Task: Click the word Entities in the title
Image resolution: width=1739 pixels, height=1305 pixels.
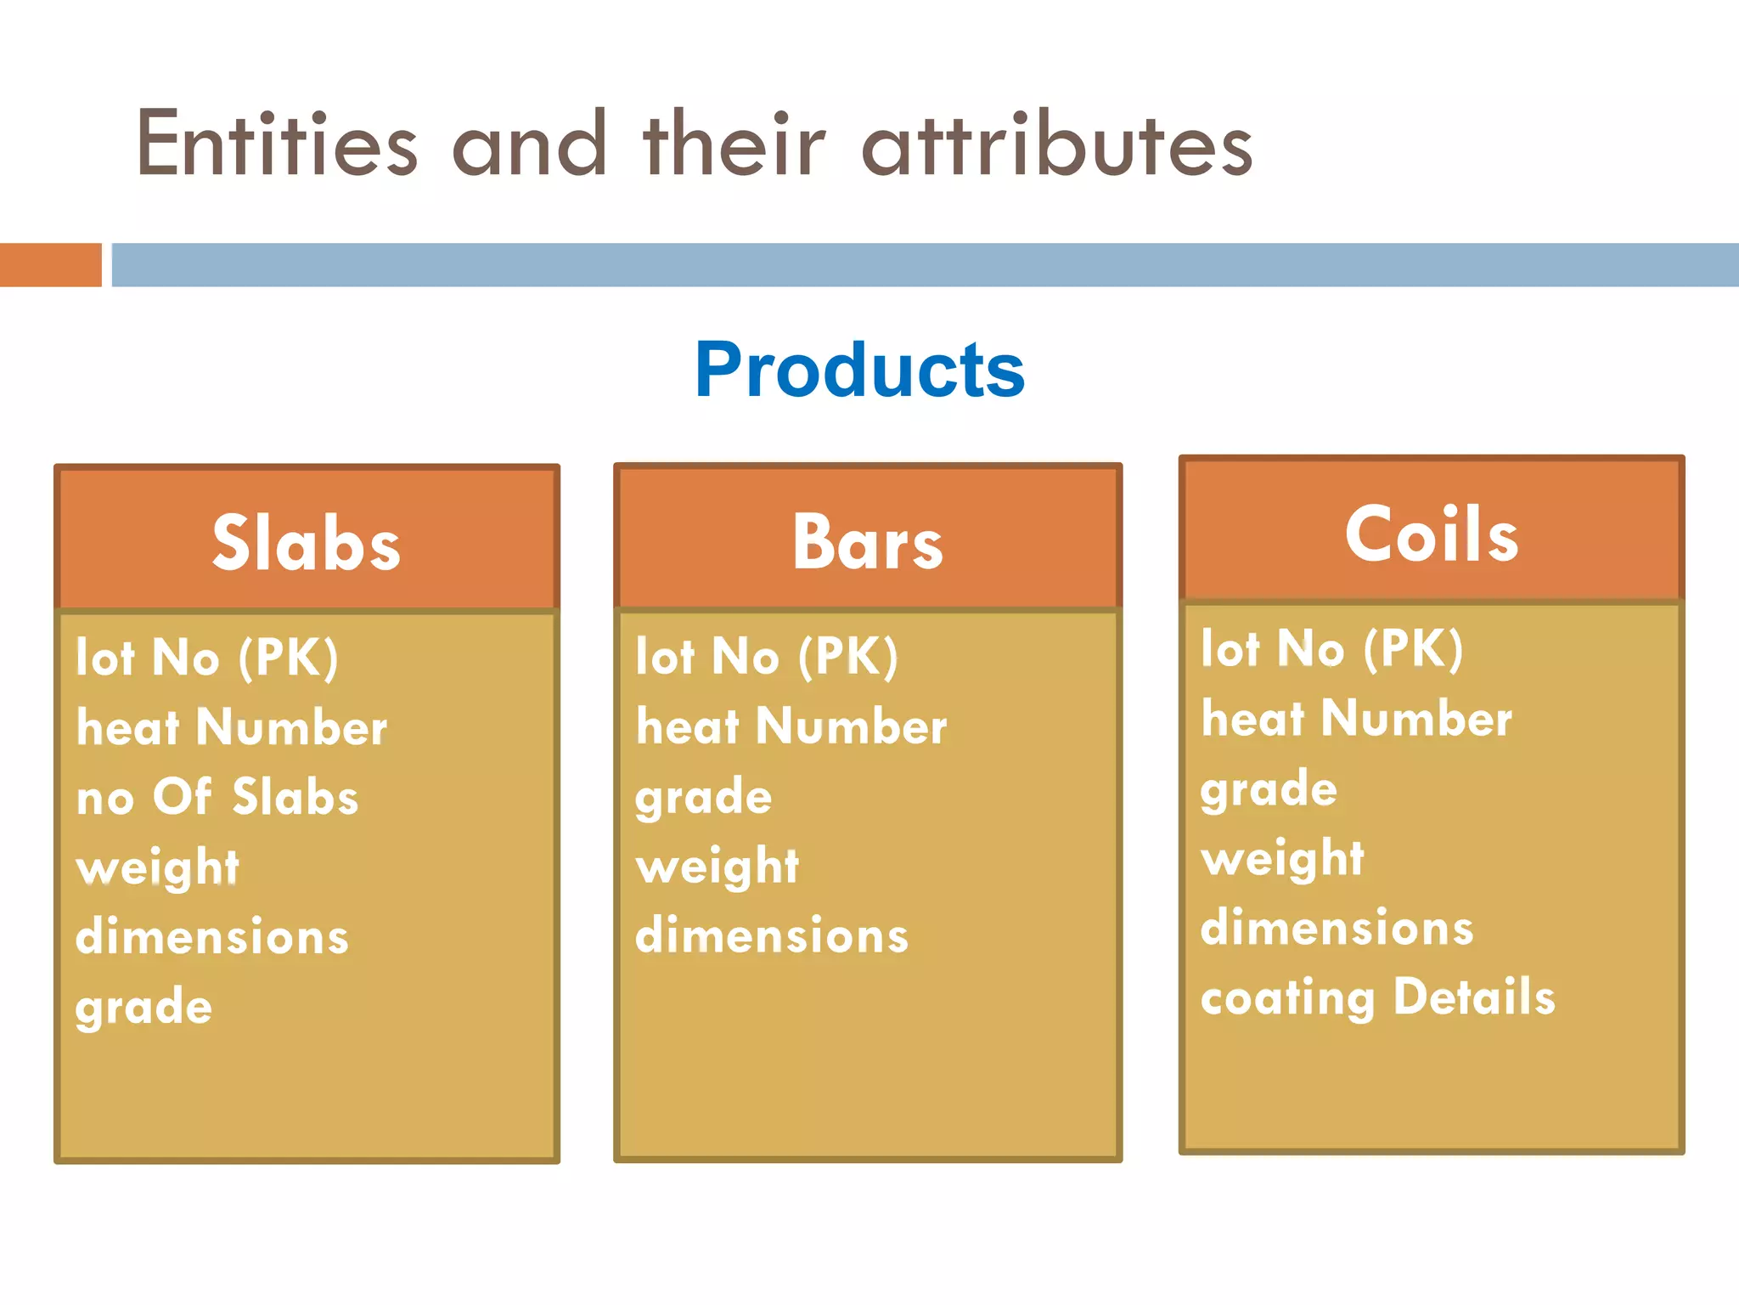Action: click(277, 144)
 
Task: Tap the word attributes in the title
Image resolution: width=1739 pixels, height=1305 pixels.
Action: click(1057, 144)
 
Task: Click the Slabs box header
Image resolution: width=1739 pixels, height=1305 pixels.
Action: click(307, 542)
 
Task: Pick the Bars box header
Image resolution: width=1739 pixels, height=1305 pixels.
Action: click(867, 542)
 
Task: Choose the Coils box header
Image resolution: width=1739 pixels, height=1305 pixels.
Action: click(1432, 534)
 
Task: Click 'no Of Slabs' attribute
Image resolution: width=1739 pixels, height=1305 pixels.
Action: click(217, 797)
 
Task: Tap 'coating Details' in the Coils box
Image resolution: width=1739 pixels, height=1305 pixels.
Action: click(1377, 997)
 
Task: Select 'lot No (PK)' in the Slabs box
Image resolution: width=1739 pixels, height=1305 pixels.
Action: click(207, 657)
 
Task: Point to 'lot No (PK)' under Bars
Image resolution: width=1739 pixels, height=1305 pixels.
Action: click(767, 656)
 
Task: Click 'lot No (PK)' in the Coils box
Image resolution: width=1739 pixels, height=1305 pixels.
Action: click(1331, 648)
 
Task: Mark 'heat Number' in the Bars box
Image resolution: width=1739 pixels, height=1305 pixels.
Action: click(791, 726)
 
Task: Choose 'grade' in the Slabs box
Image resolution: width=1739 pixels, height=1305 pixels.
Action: click(144, 1008)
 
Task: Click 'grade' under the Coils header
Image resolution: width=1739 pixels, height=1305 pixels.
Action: click(1269, 789)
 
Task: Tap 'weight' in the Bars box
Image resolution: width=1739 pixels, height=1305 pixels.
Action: click(718, 867)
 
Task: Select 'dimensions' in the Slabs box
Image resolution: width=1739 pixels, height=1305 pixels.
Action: click(212, 937)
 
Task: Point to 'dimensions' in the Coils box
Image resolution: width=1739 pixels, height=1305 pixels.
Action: click(1337, 928)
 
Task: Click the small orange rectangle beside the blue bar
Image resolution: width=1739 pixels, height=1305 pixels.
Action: click(50, 265)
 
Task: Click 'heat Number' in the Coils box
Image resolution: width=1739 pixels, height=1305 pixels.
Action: click(1356, 719)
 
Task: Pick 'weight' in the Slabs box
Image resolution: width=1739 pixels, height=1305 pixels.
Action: click(158, 868)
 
